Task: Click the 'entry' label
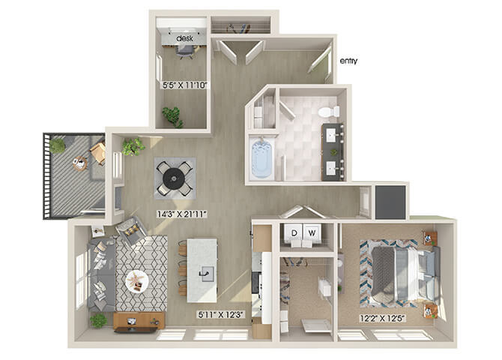coord(348,61)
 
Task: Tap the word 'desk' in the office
coord(185,38)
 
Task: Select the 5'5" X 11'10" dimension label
coord(185,85)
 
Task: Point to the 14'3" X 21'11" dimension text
coord(182,214)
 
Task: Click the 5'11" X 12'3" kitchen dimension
coord(221,314)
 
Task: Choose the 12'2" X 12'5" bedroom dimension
coord(383,318)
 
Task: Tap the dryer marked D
coord(294,233)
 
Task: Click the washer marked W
coord(312,233)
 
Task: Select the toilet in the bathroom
coord(329,112)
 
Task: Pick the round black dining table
coord(174,178)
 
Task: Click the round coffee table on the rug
coord(137,281)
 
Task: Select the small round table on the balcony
coord(79,163)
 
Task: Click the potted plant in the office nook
coord(172,117)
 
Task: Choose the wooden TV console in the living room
coord(139,320)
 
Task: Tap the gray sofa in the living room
coord(101,275)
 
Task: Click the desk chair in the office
coord(185,51)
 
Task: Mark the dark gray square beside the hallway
coord(390,202)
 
